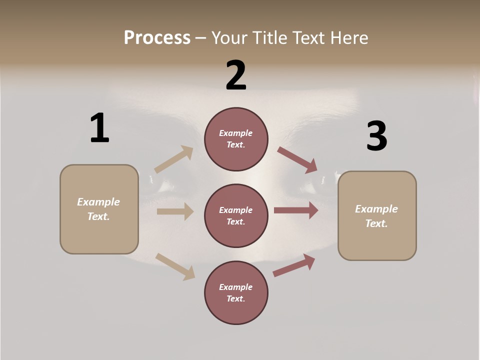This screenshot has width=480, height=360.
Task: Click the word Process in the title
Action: (x=157, y=37)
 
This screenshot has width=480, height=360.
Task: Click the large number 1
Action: (x=99, y=128)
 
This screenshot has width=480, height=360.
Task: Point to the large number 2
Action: (x=236, y=75)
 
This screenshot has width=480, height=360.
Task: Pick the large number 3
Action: (x=376, y=136)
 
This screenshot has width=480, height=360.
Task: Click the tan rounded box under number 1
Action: (x=99, y=209)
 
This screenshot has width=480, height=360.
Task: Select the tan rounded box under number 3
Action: (x=377, y=216)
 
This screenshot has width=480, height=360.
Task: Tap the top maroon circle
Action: (x=236, y=139)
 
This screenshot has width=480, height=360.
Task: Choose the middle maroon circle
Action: (x=236, y=216)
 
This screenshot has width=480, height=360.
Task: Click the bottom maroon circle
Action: (x=236, y=293)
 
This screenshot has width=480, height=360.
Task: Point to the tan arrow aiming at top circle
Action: (x=174, y=159)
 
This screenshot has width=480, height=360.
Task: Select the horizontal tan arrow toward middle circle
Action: (x=175, y=211)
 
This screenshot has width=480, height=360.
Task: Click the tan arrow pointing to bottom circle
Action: (x=175, y=266)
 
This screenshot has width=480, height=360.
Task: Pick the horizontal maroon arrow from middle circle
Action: (x=296, y=210)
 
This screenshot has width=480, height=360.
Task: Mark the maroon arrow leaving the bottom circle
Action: (x=294, y=265)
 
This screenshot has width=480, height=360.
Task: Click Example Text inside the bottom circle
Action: (x=236, y=293)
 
